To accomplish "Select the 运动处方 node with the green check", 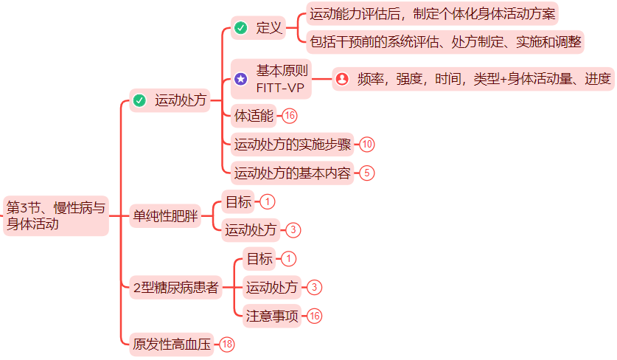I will pyautogui.click(x=180, y=100).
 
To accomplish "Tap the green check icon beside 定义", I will pyautogui.click(x=240, y=29).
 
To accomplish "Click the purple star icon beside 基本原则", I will pyautogui.click(x=240, y=79).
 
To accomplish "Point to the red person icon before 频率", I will pyautogui.click(x=341, y=79).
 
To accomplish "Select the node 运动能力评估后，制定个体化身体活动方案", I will pyautogui.click(x=433, y=14).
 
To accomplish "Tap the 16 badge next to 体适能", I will pyautogui.click(x=290, y=116).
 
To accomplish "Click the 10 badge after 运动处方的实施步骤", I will pyautogui.click(x=367, y=144).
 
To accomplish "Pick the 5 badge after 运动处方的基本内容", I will pyautogui.click(x=367, y=173).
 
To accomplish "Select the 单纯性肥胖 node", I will pyautogui.click(x=165, y=216).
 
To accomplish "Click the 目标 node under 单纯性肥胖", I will pyautogui.click(x=238, y=201).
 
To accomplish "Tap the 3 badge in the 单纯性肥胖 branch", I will pyautogui.click(x=293, y=230).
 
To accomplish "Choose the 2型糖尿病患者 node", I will pyautogui.click(x=176, y=288).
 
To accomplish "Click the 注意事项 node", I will pyautogui.click(x=272, y=316).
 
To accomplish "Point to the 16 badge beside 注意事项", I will pyautogui.click(x=315, y=316).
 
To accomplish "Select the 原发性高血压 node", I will pyautogui.click(x=172, y=344).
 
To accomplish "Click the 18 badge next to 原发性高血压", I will pyautogui.click(x=227, y=344).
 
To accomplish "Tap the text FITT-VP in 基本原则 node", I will pyautogui.click(x=283, y=87).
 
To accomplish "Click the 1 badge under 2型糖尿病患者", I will pyautogui.click(x=288, y=259).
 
